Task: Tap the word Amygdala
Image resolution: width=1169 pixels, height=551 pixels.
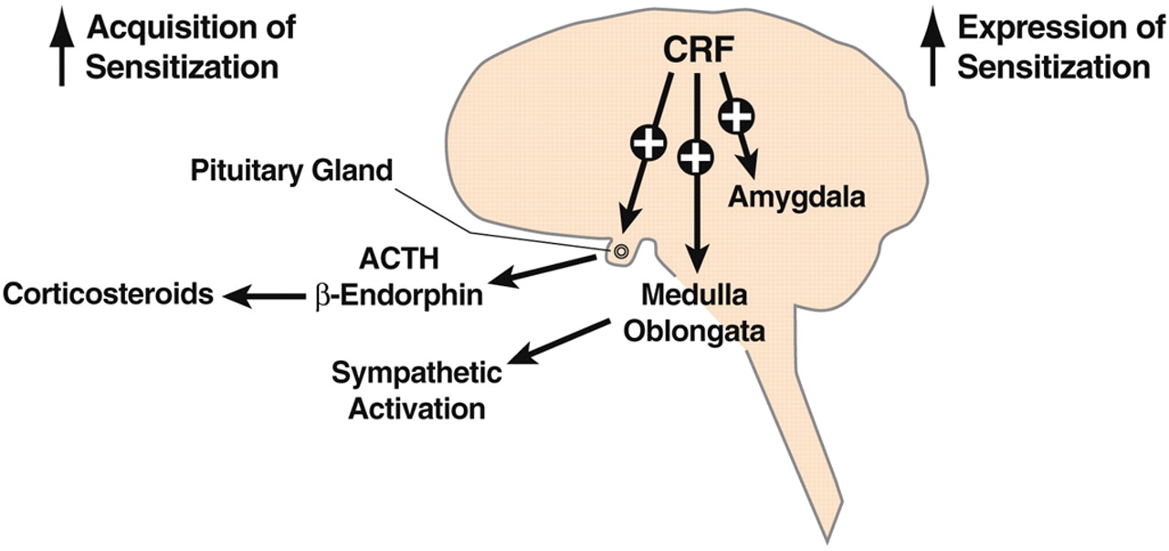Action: tap(796, 196)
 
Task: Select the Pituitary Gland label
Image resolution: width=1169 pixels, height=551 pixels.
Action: tap(290, 169)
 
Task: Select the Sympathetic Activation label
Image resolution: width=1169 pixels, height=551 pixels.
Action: tap(416, 389)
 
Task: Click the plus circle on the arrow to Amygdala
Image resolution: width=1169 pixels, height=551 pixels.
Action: tap(737, 116)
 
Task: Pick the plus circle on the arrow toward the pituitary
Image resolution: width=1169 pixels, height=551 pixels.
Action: tap(648, 142)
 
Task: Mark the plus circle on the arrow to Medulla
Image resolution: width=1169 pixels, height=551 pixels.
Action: tap(696, 157)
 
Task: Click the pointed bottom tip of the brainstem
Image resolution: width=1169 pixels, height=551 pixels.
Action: tap(830, 537)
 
